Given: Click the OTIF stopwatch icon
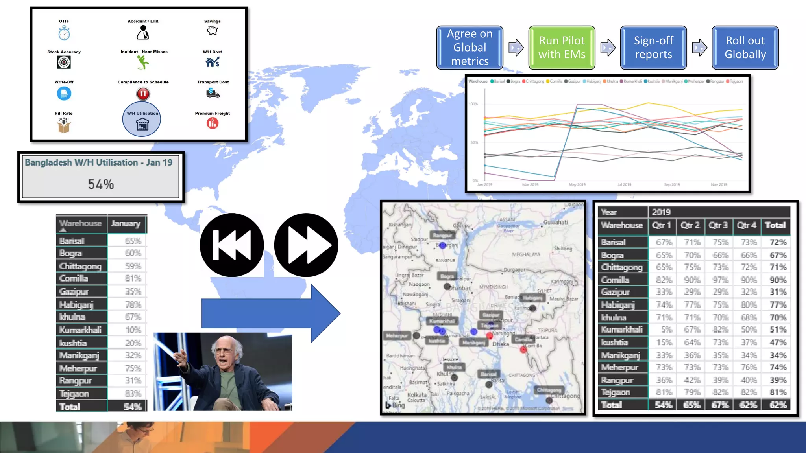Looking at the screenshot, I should [64, 33].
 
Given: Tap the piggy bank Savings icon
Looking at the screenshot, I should [213, 30].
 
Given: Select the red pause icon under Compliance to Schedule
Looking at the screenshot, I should [143, 94].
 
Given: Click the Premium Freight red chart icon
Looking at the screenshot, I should [213, 123].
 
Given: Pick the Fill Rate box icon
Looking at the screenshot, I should [64, 125].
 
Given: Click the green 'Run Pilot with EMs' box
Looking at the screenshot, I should [562, 48].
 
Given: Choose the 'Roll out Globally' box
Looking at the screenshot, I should [745, 48].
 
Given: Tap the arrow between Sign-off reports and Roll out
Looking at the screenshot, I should [699, 48].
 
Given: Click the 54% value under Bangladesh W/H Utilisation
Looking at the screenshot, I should [101, 184].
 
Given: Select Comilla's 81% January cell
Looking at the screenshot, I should [133, 278].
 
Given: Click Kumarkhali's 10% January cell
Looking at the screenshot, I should [133, 330].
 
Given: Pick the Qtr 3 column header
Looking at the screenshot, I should [718, 225].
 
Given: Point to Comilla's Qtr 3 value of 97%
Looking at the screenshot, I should [720, 280].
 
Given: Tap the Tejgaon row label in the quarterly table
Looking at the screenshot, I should [616, 392].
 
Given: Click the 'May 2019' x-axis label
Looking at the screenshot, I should [577, 184].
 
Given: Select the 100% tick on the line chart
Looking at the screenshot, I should [473, 104].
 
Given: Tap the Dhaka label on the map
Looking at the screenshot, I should [501, 344].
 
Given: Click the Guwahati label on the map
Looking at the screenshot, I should [555, 222].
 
